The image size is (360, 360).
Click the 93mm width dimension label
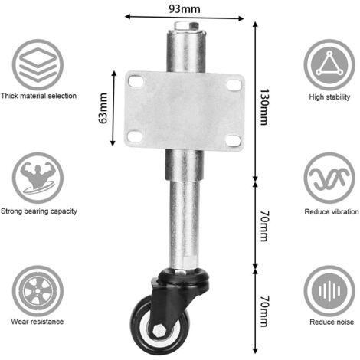pos(185,9)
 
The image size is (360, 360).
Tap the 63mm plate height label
pos(103,108)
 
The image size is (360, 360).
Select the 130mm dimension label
pos(264,107)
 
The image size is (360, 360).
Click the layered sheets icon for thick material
pos(38,64)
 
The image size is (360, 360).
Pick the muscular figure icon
pos(38,178)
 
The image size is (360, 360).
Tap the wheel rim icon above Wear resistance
pos(38,291)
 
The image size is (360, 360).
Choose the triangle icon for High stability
pos(329,64)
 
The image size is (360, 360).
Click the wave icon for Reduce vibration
pos(329,178)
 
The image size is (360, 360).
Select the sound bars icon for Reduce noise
pos(329,291)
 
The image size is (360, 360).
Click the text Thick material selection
pos(38,96)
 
